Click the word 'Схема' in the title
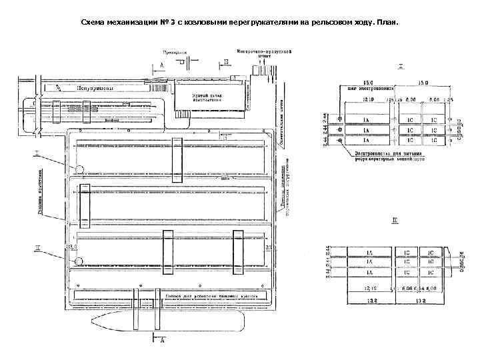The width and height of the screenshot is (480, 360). tap(95, 23)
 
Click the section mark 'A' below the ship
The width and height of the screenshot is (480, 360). tap(162, 341)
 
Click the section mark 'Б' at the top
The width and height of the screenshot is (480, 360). tap(225, 61)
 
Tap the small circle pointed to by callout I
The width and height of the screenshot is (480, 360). tap(79, 169)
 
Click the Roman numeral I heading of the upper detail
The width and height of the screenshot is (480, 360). tap(401, 66)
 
